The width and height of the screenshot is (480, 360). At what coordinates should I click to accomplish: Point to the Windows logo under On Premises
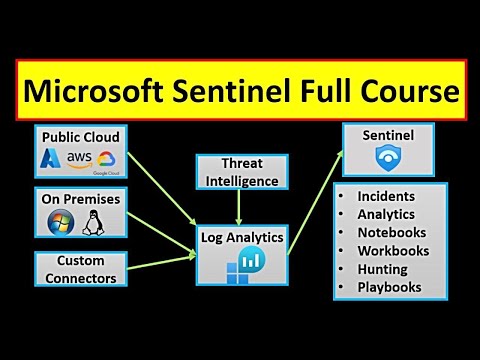(60, 222)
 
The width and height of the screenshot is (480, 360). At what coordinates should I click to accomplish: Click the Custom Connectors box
(79, 270)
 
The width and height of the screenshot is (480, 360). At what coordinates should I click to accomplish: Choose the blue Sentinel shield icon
(387, 158)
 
